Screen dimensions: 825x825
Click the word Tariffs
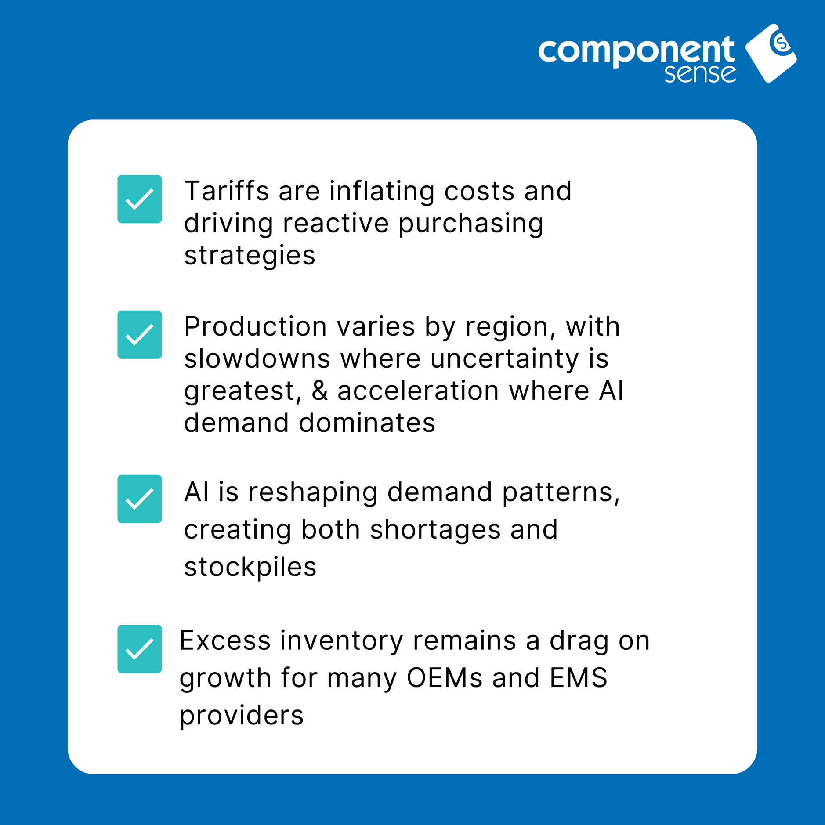pyautogui.click(x=226, y=191)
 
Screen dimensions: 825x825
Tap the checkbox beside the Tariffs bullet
pyautogui.click(x=140, y=199)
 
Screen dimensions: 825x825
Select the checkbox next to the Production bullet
pyautogui.click(x=140, y=335)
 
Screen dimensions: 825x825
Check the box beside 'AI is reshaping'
pyautogui.click(x=140, y=499)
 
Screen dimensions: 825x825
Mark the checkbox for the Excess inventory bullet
pyautogui.click(x=140, y=649)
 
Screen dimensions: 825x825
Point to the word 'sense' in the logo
pyautogui.click(x=700, y=73)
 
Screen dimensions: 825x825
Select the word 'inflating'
pyautogui.click(x=381, y=192)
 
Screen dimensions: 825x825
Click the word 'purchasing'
pyautogui.click(x=471, y=224)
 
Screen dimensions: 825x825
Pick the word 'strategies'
pyautogui.click(x=250, y=256)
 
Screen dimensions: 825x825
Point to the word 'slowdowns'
pyautogui.click(x=257, y=358)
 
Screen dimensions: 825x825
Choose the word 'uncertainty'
pyautogui.click(x=504, y=359)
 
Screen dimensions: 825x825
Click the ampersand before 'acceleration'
pyautogui.click(x=320, y=391)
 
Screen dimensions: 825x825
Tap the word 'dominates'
pyautogui.click(x=367, y=423)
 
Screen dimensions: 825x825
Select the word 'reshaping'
pyautogui.click(x=312, y=492)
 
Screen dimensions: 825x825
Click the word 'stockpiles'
pyautogui.click(x=250, y=567)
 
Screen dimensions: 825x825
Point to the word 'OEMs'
pyautogui.click(x=444, y=677)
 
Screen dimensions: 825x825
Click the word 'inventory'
pyautogui.click(x=342, y=640)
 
